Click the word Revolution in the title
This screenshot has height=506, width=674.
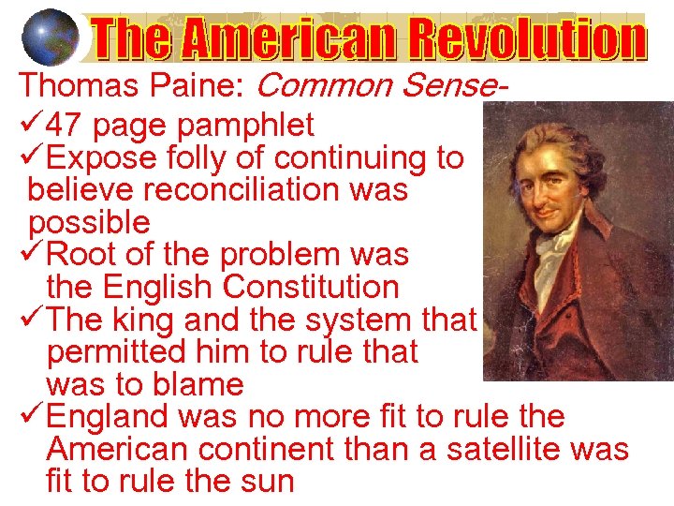pos(520,40)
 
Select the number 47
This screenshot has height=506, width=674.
pos(65,125)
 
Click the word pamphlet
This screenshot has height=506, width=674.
pos(250,125)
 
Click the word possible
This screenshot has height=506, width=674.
pos(89,222)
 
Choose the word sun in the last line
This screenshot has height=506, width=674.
pos(269,482)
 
